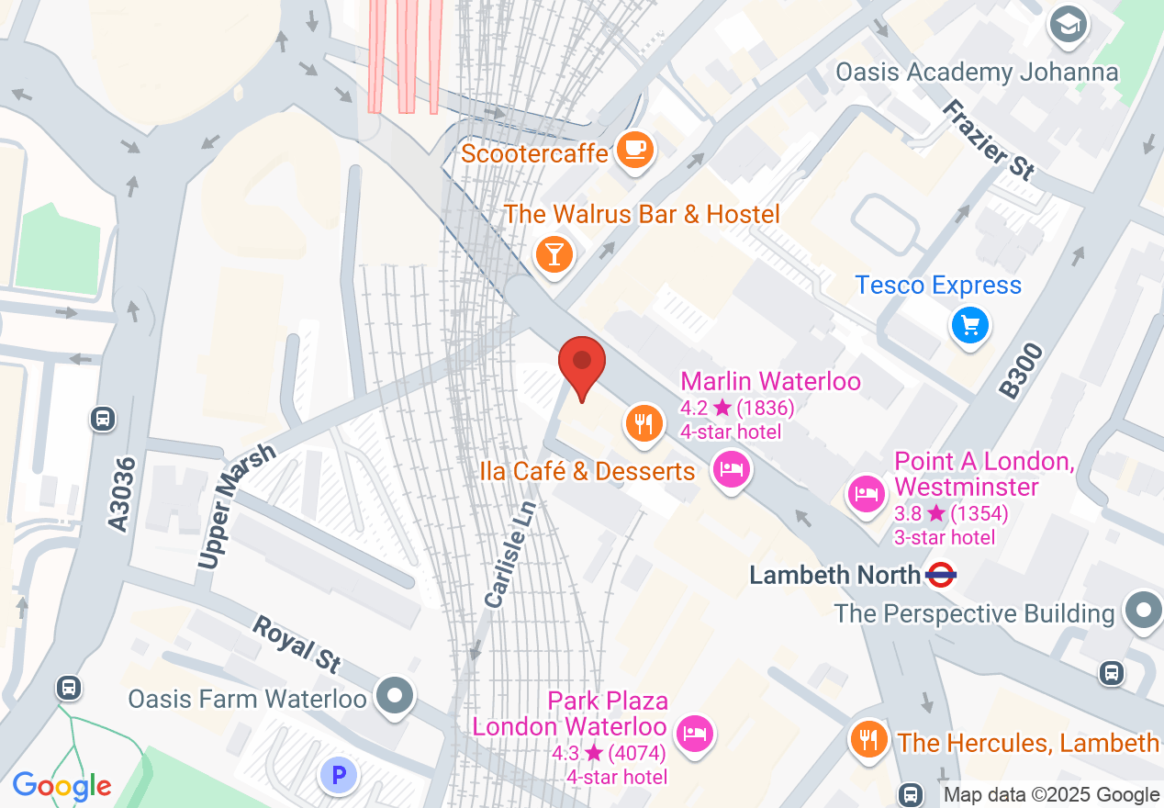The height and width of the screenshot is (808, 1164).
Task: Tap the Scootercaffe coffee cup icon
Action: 634,150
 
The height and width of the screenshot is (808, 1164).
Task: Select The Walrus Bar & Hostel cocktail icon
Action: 554,252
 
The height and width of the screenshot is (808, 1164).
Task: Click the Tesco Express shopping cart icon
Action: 970,326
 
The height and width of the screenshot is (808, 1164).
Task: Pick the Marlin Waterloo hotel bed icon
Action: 732,470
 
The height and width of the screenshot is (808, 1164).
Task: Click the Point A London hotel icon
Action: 866,494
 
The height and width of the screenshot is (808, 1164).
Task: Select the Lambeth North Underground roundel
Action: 942,576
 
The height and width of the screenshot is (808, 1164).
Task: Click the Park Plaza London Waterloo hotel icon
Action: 695,733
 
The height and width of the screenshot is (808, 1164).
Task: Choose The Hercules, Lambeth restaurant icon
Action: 868,738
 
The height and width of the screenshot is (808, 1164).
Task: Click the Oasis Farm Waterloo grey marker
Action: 396,695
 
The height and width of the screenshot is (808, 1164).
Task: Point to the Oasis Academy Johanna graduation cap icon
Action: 1069,26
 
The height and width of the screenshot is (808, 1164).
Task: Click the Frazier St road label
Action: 989,139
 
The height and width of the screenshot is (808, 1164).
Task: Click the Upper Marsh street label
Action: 236,506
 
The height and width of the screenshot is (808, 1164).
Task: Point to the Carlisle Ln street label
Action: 509,554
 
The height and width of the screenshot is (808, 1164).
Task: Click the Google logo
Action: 62,786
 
